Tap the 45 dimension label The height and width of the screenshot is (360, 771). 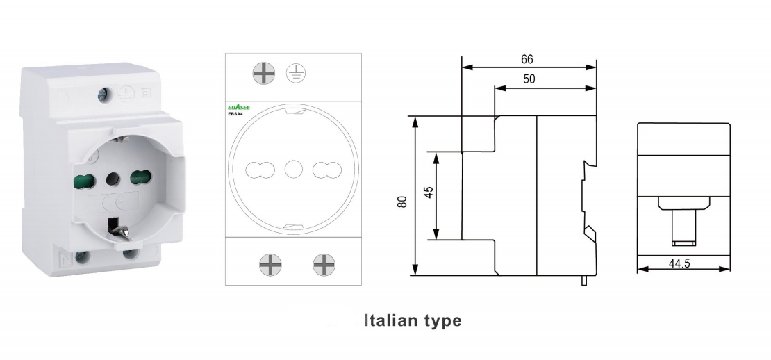pos(429,192)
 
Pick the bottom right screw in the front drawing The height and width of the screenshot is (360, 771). pos(323,263)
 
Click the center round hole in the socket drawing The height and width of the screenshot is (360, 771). pos(292,168)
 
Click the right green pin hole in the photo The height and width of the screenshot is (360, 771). pos(141,178)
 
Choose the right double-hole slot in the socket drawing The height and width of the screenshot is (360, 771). pos(324,168)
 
